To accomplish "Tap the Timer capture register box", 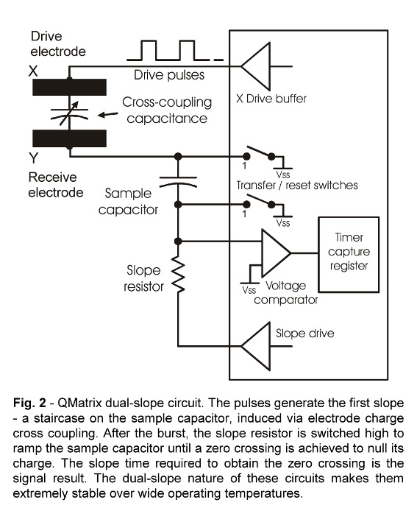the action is coord(349,255).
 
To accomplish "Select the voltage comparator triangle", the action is coord(276,253).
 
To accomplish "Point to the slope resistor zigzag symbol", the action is coord(178,275).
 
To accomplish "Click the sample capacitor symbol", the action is coord(178,181).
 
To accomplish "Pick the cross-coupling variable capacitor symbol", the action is coord(69,113).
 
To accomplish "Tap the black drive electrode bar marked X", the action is coord(69,87).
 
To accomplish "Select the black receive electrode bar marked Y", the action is coord(69,138).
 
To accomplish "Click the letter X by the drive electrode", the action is coord(33,71).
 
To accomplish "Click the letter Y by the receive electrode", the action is coord(33,158).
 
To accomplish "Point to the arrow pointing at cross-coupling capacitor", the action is coord(107,115).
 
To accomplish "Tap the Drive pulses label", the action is coord(169,75).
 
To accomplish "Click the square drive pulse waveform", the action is coord(175,50).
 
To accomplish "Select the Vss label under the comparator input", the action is coord(249,290).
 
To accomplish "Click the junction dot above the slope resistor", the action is coord(178,241).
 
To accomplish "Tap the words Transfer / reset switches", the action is coord(297,185).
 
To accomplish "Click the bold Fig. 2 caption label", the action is coord(29,403).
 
